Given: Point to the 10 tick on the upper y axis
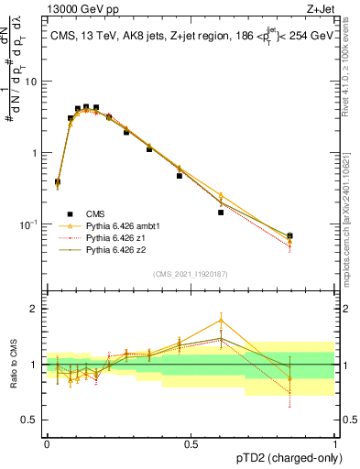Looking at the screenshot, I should point(34,81).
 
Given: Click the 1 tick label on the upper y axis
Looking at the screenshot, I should point(37,152).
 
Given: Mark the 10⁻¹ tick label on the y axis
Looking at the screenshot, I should point(31,224).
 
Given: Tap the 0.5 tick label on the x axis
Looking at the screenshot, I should point(191,443).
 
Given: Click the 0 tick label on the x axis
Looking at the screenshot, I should point(47,443).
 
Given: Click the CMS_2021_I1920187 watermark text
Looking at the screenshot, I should point(191,273).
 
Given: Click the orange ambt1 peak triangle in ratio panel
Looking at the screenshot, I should point(221,320).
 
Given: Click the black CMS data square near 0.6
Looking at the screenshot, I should point(221,213).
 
